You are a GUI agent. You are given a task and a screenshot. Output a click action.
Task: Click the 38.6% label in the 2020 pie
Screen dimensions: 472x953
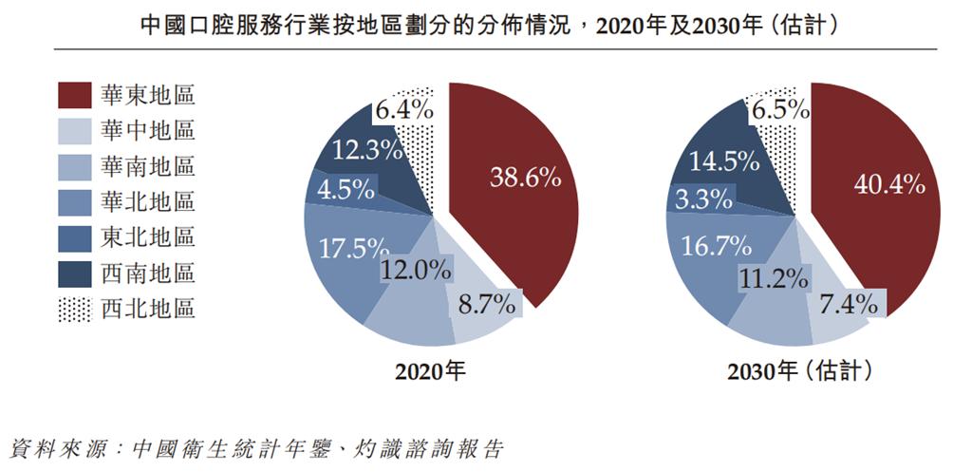525,177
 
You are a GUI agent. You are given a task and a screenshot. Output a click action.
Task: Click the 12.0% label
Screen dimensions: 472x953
416,270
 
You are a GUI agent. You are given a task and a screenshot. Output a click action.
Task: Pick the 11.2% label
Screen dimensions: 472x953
774,277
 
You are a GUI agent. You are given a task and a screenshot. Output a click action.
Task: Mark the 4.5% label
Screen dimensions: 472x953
345,188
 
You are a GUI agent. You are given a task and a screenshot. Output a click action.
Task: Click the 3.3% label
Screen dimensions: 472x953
703,199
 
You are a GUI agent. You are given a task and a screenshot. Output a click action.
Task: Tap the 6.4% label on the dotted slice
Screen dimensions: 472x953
404,110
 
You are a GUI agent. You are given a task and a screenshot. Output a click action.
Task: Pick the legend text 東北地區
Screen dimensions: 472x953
147,238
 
